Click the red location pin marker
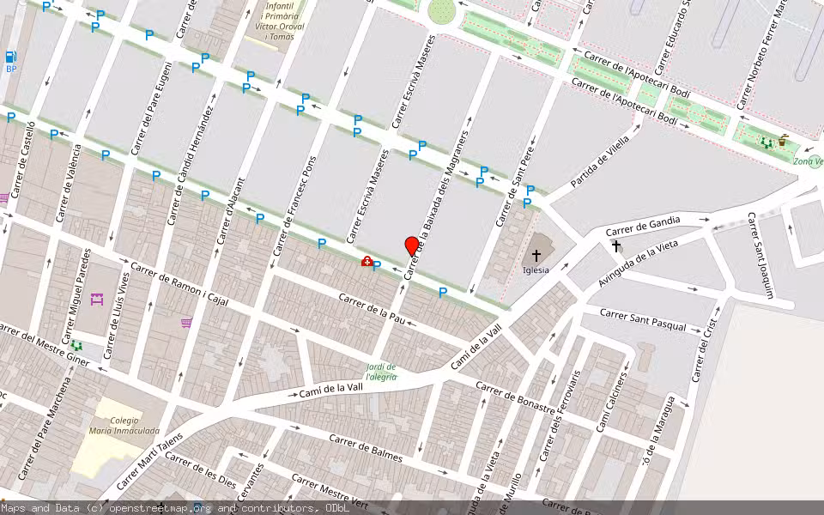412,246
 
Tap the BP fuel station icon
11,58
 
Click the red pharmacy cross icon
367,262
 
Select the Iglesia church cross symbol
536,255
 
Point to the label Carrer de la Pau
372,309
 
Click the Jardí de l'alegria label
381,372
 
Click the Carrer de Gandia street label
643,226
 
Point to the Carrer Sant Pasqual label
644,320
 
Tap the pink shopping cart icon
186,323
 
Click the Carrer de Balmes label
365,448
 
